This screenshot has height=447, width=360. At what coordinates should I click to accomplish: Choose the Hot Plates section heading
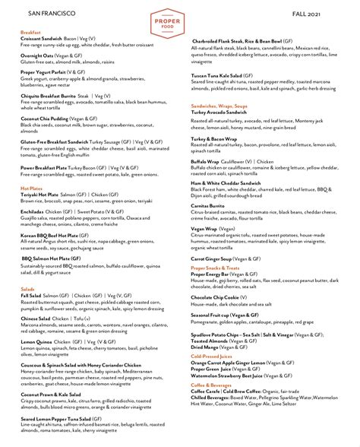click(x=32, y=187)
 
